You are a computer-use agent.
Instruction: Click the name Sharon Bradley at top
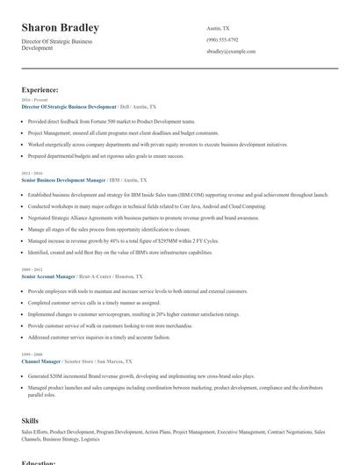61,28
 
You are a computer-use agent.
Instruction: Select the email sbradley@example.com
231,52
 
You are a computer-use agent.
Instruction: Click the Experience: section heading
40,89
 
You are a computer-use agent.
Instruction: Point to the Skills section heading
30,420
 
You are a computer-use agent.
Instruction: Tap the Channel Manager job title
41,361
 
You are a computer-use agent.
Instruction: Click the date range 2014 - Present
32,100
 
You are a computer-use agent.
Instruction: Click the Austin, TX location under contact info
219,28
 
